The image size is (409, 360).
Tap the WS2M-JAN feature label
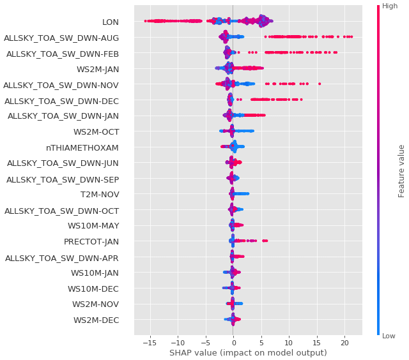pos(96,69)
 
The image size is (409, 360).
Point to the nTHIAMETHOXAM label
pos(82,147)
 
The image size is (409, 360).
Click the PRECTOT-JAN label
pos(91,241)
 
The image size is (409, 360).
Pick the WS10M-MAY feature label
pos(93,225)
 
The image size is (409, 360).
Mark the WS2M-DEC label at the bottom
pos(95,320)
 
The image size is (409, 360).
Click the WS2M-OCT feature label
pos(96,131)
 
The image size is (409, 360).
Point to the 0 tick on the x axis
pos(233,341)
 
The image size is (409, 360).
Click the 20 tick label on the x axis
pos(344,341)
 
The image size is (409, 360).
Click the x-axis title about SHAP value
pos(248,353)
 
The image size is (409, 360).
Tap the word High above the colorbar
pos(390,6)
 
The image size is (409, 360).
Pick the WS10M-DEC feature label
pos(93,289)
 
